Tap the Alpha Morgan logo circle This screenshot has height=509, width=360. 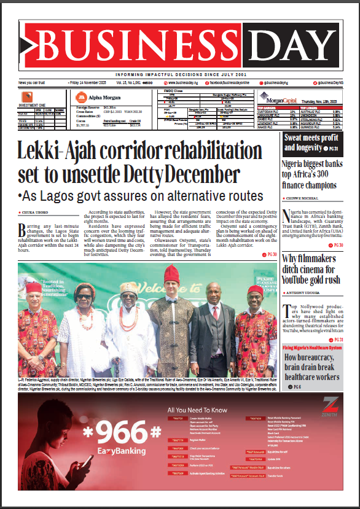80,97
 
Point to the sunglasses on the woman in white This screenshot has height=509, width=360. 84,297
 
